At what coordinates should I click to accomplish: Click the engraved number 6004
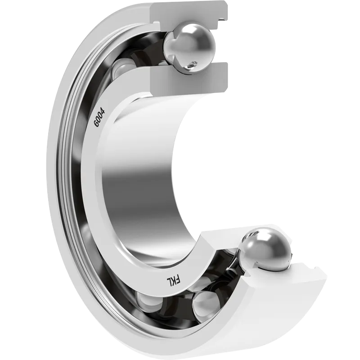(x=99, y=117)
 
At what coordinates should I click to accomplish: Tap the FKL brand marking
(x=174, y=280)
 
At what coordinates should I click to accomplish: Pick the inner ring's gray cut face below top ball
(x=188, y=78)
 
